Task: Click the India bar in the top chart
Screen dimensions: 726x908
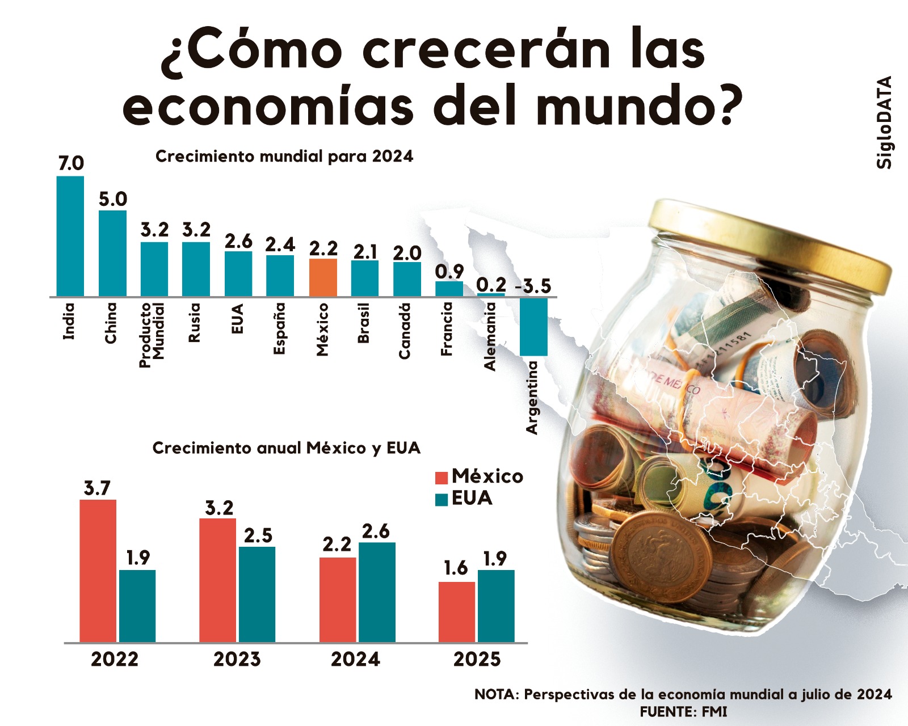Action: pyautogui.click(x=70, y=236)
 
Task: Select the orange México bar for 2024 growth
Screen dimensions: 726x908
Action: pyautogui.click(x=323, y=277)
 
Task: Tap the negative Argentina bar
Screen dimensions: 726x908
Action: pyautogui.click(x=533, y=327)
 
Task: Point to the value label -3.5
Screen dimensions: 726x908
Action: pyautogui.click(x=533, y=286)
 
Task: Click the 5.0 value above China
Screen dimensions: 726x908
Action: pyautogui.click(x=113, y=200)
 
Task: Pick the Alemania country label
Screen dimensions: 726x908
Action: pyautogui.click(x=490, y=336)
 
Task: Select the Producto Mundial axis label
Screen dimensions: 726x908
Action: pyautogui.click(x=152, y=335)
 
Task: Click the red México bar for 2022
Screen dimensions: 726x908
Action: pyautogui.click(x=98, y=571)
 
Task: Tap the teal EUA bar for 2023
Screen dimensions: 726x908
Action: pyautogui.click(x=257, y=594)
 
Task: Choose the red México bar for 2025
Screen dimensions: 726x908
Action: pyautogui.click(x=456, y=611)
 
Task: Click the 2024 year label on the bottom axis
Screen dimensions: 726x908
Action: pyautogui.click(x=355, y=660)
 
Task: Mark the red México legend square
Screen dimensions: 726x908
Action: pyautogui.click(x=442, y=478)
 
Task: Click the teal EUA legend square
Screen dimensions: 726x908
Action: pyautogui.click(x=442, y=500)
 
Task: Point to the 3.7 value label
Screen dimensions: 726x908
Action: pyautogui.click(x=97, y=488)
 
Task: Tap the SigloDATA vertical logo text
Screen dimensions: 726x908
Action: pyautogui.click(x=884, y=122)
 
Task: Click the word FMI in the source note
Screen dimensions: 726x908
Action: pyautogui.click(x=714, y=712)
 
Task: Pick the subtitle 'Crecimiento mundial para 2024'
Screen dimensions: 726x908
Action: pyautogui.click(x=284, y=157)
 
